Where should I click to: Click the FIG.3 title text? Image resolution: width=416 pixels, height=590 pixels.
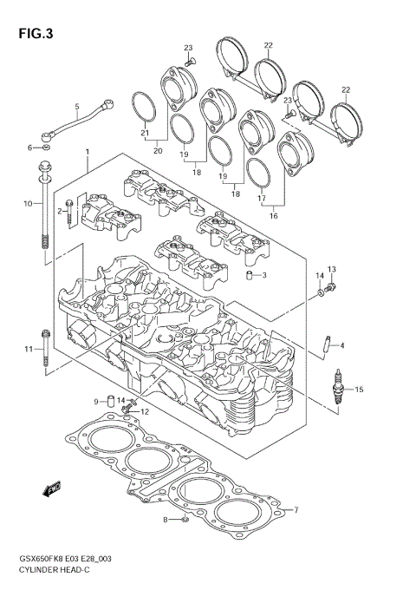[34, 34]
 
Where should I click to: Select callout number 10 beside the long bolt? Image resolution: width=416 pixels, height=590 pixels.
[27, 203]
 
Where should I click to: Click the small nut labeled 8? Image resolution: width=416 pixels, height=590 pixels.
[185, 520]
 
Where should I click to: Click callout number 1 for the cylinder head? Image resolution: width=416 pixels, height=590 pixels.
[88, 153]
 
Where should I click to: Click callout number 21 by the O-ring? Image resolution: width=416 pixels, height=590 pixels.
[146, 133]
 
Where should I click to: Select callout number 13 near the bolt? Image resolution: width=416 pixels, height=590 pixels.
[331, 270]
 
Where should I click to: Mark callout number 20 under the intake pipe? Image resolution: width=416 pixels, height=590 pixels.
[158, 151]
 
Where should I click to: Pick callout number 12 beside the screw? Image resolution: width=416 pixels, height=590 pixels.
[146, 411]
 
